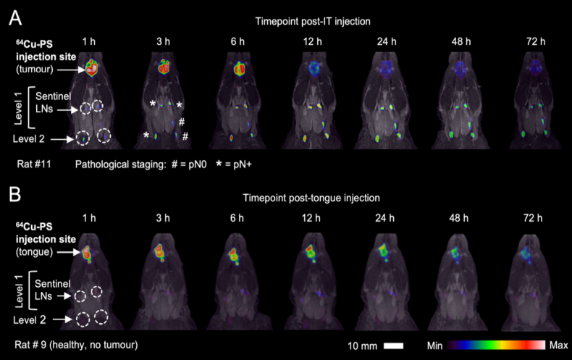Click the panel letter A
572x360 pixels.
point(15,17)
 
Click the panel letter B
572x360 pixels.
point(14,194)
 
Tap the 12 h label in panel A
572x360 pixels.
point(312,41)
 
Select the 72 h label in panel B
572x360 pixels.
point(533,218)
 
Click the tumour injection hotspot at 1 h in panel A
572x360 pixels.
point(92,68)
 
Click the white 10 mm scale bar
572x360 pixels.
point(394,346)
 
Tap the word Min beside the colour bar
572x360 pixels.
point(434,346)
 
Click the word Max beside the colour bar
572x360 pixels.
point(558,345)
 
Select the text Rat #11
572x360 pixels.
point(34,164)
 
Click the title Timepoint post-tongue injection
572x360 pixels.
point(311,198)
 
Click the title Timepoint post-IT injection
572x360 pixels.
point(313,21)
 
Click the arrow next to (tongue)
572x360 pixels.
point(68,252)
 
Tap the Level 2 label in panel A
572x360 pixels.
point(28,139)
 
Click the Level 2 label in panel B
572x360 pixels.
point(29,320)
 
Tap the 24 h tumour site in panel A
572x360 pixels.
point(386,68)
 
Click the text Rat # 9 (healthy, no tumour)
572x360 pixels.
point(76,345)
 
